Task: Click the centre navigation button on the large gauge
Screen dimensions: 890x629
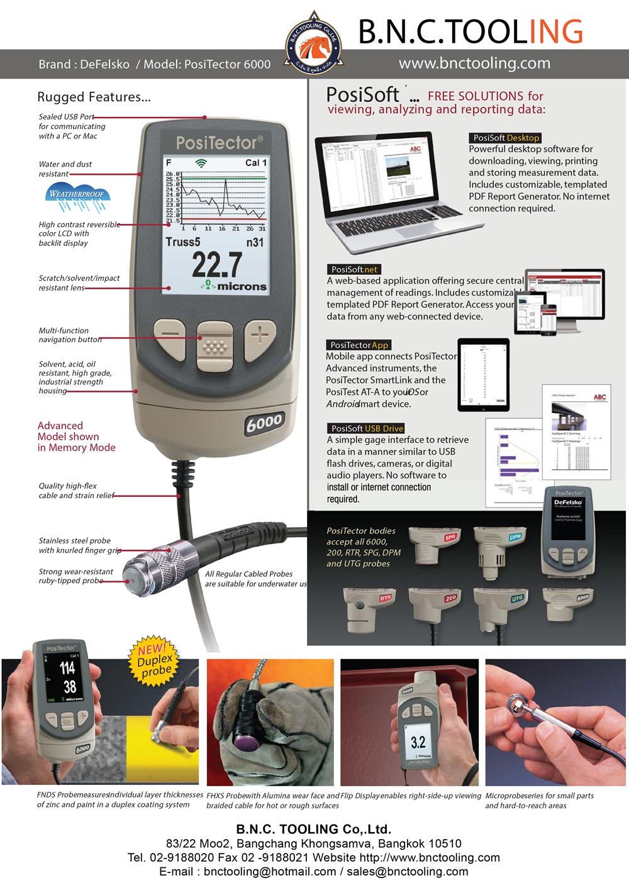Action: click(x=215, y=345)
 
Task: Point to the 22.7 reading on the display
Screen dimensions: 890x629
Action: click(x=217, y=264)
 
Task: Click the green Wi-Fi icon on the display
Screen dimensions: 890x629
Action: click(x=201, y=163)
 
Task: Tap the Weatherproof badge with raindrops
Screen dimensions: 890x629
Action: click(x=77, y=198)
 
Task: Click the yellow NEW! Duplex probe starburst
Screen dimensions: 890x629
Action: click(x=154, y=660)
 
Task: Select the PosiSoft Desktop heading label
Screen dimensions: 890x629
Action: click(x=505, y=138)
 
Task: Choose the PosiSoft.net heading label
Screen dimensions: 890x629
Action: click(x=354, y=269)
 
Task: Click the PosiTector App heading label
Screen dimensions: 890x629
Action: click(x=359, y=345)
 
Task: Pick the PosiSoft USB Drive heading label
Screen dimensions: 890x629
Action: click(x=367, y=428)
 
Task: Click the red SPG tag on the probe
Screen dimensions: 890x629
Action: click(x=450, y=537)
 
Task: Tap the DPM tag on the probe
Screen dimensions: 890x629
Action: click(x=515, y=537)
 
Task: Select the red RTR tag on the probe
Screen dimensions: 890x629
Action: click(x=385, y=598)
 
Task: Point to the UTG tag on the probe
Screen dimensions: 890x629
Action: click(x=516, y=598)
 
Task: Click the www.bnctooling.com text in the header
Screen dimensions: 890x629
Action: click(x=474, y=63)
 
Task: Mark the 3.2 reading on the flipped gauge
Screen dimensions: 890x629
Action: click(x=418, y=742)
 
